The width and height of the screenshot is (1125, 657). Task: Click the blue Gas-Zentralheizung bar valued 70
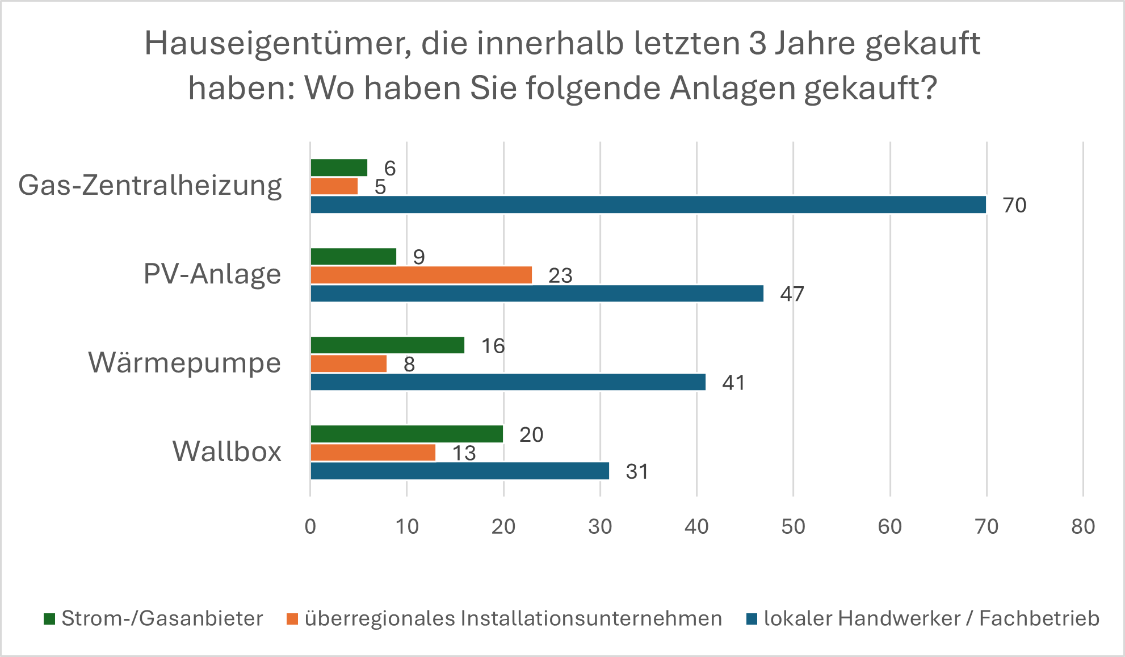[x=648, y=204]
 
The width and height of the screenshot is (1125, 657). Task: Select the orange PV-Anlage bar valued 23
[x=421, y=275]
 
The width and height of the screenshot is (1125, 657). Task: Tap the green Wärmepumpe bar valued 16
[x=387, y=345]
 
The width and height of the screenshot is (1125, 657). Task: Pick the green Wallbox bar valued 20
[x=406, y=434]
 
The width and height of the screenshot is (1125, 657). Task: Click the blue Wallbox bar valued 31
[x=460, y=471]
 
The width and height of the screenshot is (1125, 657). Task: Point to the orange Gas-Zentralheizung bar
[x=334, y=186]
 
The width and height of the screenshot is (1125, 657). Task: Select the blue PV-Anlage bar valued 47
[x=537, y=294]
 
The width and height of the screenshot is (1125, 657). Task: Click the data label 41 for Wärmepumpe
[x=733, y=383]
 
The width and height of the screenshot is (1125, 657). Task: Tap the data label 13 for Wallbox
[x=464, y=453]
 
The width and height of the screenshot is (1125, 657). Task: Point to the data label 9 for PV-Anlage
[x=419, y=257]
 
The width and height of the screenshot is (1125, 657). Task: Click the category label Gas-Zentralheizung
[x=150, y=186]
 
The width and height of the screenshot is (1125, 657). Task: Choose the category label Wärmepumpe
[x=184, y=363]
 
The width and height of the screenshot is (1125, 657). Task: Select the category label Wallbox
[x=227, y=452]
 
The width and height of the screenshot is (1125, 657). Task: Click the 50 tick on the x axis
[x=793, y=527]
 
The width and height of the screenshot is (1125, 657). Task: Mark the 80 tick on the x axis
[x=1083, y=527]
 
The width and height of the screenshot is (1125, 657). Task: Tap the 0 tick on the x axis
[x=310, y=527]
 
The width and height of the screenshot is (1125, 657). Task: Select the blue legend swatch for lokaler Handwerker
[x=752, y=619]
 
